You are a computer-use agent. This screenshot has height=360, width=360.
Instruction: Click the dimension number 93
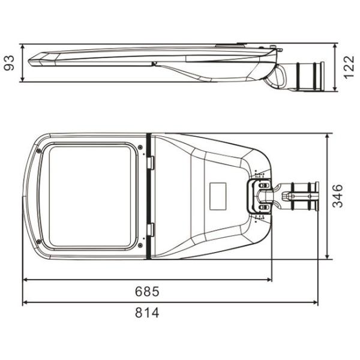pyautogui.click(x=9, y=62)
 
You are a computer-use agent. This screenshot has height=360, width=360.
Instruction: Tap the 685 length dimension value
pyautogui.click(x=147, y=292)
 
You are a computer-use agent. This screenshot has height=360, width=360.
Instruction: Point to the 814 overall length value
pyautogui.click(x=147, y=313)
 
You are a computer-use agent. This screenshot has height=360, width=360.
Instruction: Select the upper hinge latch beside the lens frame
pyautogui.click(x=151, y=162)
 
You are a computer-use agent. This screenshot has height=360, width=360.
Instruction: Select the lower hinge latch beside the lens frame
pyautogui.click(x=151, y=229)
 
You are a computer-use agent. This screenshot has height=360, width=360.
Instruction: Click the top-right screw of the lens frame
pyautogui.click(x=140, y=147)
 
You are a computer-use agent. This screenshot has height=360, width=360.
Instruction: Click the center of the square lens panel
pyautogui.click(x=92, y=196)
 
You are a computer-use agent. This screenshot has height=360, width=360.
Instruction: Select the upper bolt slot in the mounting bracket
pyautogui.click(x=262, y=187)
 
